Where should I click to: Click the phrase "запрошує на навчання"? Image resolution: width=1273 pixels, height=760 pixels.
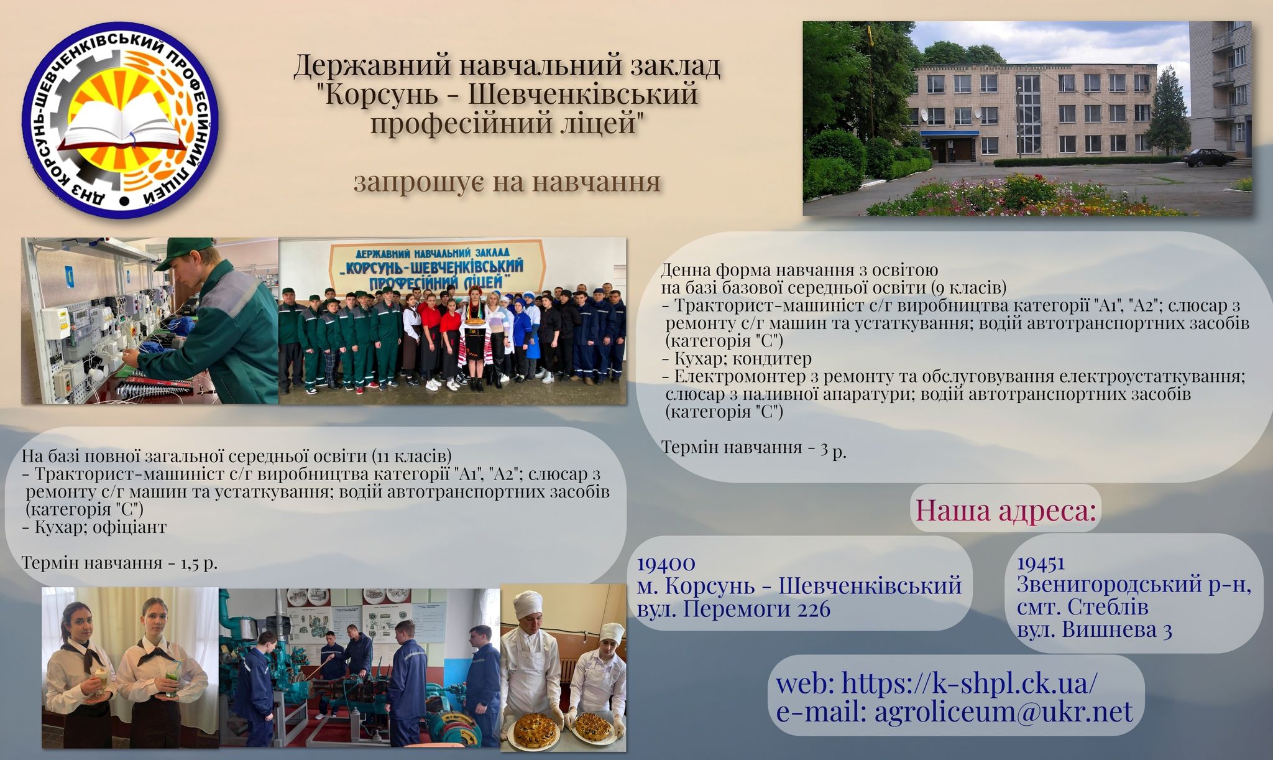507,182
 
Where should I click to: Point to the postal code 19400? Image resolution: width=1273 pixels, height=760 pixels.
666,563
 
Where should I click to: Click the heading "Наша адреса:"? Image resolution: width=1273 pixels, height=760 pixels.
1005,510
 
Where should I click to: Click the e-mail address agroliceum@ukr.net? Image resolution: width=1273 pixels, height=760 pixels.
1004,711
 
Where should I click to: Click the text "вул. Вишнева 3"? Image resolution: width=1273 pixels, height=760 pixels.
1095,630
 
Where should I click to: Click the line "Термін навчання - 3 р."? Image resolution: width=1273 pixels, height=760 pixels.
754,447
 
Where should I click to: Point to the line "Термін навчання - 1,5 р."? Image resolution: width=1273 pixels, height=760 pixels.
119,563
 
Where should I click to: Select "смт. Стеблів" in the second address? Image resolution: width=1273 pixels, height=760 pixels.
1082,606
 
